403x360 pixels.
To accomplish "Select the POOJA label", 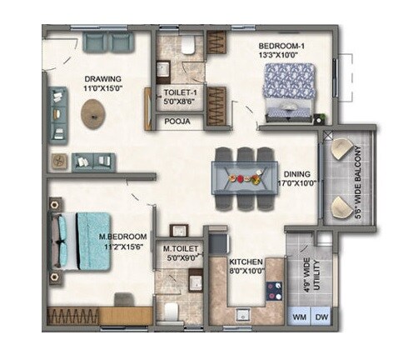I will (177, 121).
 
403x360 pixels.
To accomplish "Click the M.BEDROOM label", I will (124, 237).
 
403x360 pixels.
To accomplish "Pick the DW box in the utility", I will (321, 317).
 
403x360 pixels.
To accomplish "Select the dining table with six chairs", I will (242, 177).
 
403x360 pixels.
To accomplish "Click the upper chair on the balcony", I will (341, 151).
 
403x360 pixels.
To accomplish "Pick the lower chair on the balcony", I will (341, 207).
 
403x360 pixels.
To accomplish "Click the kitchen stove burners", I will (273, 288).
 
